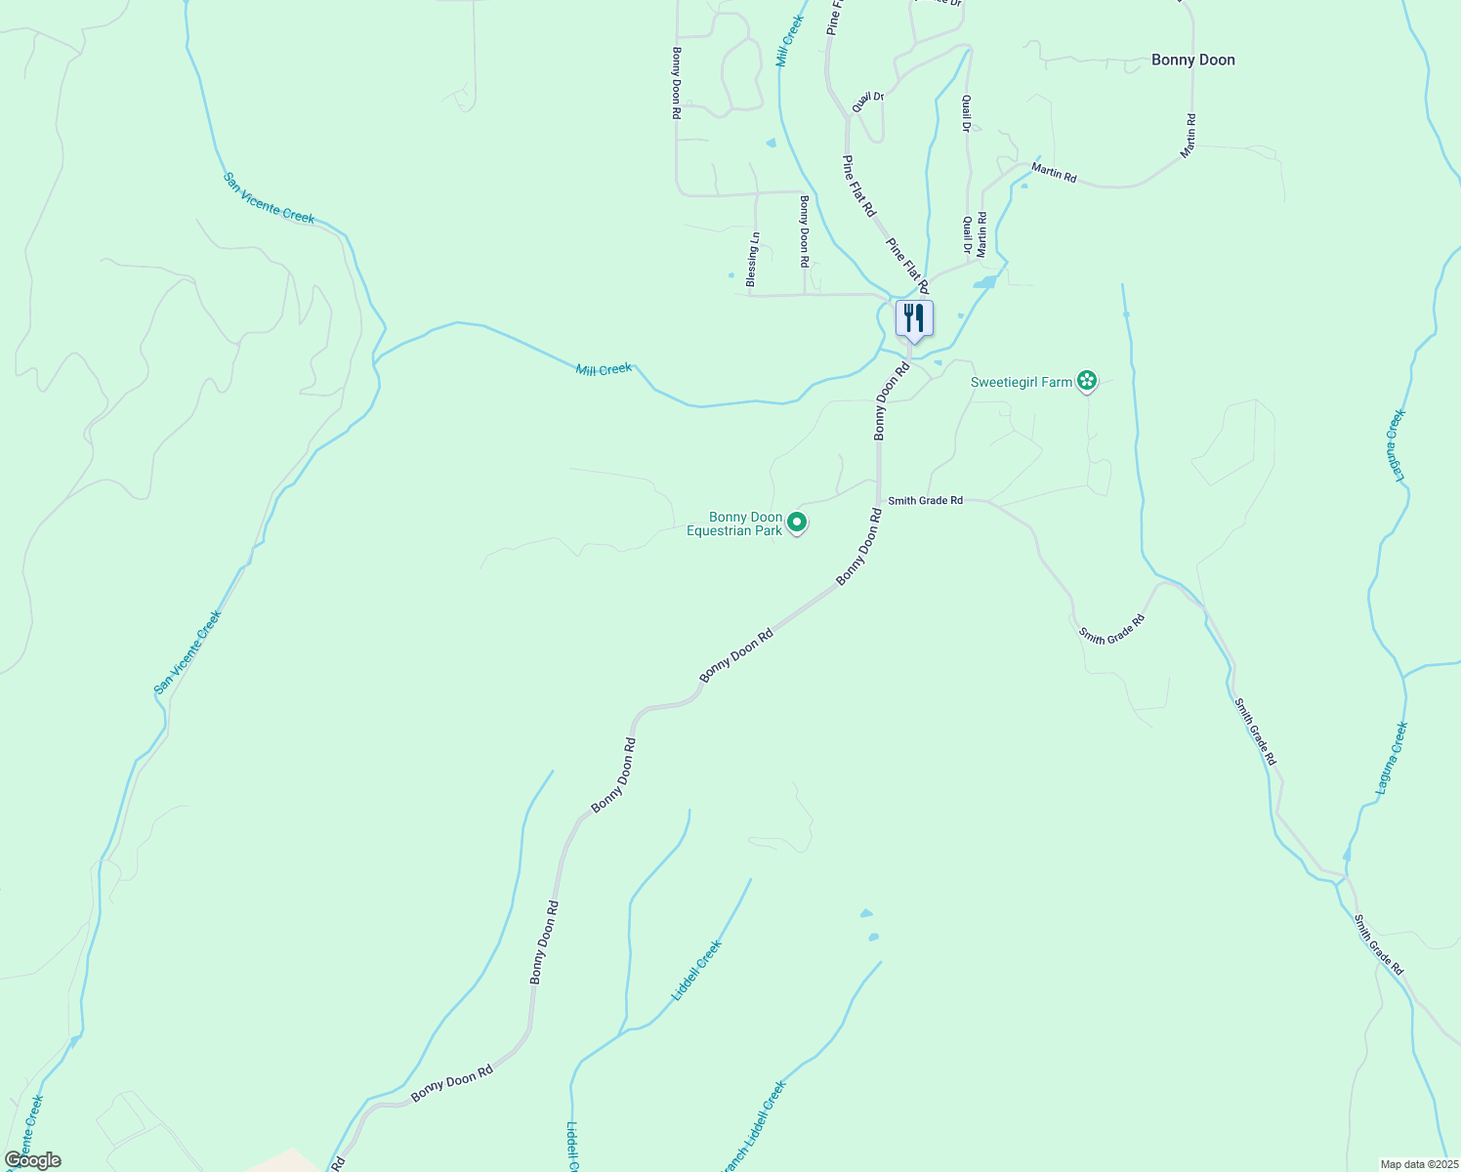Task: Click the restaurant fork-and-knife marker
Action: pyautogui.click(x=914, y=318)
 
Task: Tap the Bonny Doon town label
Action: pyautogui.click(x=1192, y=60)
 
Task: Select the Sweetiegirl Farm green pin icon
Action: pyautogui.click(x=1087, y=382)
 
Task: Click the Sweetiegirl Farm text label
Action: pyautogui.click(x=1022, y=382)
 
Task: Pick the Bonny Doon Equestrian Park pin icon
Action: pyautogui.click(x=797, y=523)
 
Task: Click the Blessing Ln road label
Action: pyautogui.click(x=752, y=259)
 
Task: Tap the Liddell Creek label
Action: pyautogui.click(x=696, y=971)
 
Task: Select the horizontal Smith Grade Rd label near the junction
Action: pyautogui.click(x=925, y=500)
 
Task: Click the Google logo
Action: pyautogui.click(x=32, y=1160)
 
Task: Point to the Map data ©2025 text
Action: pyautogui.click(x=1418, y=1164)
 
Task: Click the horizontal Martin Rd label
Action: pyautogui.click(x=1054, y=175)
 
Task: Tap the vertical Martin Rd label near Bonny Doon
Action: pyautogui.click(x=1188, y=136)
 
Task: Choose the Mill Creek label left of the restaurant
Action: pyautogui.click(x=604, y=369)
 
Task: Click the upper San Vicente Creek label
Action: pyautogui.click(x=269, y=198)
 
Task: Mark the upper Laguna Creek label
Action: pyautogui.click(x=1398, y=445)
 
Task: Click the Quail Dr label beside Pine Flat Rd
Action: pyautogui.click(x=867, y=102)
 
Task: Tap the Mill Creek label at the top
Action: pyautogui.click(x=789, y=41)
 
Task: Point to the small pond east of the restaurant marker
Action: pyautogui.click(x=984, y=283)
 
